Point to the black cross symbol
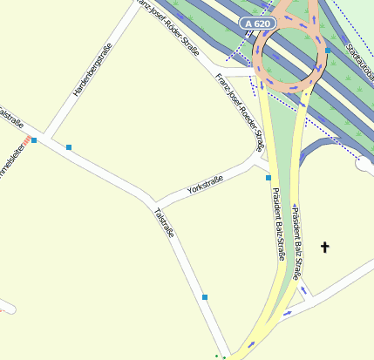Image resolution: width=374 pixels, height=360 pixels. pos(325,248)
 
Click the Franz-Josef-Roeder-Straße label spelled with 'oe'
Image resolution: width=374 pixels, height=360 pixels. pos(239,110)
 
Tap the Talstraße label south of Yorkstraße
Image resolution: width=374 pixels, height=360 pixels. pos(164,221)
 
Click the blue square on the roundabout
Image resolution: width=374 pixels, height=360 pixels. pos(328,51)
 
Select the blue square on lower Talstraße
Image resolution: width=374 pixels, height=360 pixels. pos(205,297)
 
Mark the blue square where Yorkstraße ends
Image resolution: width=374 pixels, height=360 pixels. pos(269,178)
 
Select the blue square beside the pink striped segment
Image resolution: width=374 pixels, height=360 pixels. pos(34,139)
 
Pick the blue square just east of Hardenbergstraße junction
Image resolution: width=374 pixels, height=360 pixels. pos(68,147)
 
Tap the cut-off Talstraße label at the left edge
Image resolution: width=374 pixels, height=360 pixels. pos(11,117)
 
